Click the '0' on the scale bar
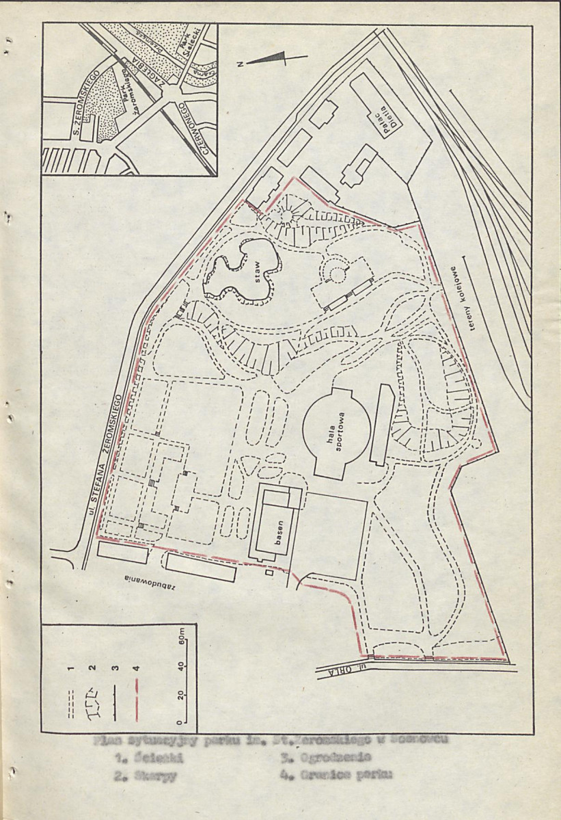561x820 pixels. tap(182, 722)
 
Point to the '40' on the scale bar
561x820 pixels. tap(182, 667)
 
